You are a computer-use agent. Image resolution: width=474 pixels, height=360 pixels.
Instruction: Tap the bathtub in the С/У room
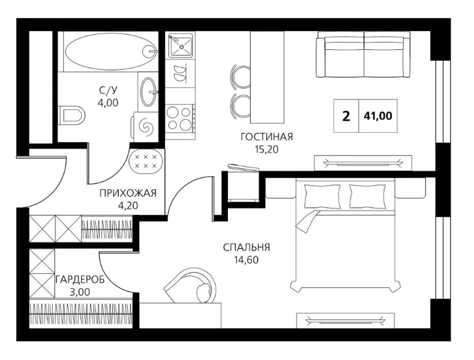(111, 52)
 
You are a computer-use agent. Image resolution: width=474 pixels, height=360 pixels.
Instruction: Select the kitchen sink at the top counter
(180, 46)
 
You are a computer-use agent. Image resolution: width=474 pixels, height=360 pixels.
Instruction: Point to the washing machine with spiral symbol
(145, 126)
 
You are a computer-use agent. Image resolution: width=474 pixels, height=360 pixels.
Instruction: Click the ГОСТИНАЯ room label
(267, 137)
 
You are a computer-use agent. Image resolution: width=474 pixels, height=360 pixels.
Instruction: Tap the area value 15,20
(266, 149)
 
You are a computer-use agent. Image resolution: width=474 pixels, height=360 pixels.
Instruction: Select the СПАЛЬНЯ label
(247, 248)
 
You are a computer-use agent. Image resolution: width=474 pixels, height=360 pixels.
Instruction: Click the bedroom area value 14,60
(247, 260)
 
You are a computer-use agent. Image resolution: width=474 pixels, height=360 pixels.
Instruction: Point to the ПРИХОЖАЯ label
(128, 193)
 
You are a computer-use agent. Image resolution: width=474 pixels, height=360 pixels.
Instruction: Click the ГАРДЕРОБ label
(80, 280)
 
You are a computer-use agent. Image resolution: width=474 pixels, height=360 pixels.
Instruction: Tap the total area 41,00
(378, 116)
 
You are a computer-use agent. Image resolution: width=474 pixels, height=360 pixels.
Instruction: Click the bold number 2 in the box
(346, 116)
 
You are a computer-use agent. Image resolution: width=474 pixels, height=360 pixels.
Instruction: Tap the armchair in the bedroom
(190, 285)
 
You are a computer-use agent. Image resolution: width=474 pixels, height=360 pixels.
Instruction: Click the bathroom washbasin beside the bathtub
(149, 91)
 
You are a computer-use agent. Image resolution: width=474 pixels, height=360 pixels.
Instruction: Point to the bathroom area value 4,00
(108, 103)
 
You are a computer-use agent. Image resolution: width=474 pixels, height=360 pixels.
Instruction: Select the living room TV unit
(363, 163)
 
